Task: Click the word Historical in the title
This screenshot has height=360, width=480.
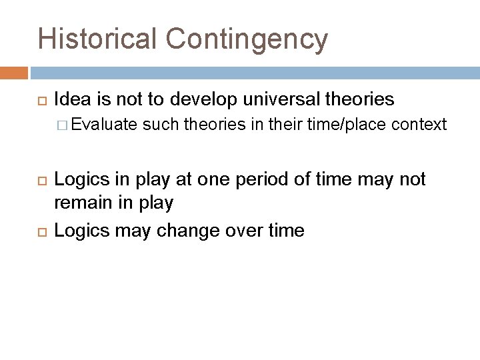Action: click(x=97, y=38)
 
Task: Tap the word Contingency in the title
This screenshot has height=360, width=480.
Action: click(x=246, y=39)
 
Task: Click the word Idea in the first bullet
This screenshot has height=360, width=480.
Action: click(x=69, y=100)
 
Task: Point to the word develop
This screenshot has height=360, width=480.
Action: click(x=204, y=100)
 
